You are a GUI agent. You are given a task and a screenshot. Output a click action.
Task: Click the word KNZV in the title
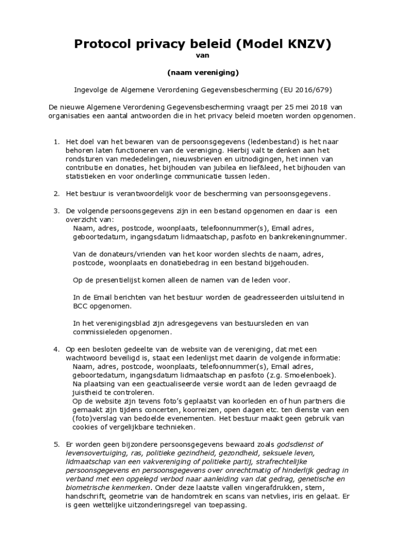click(x=307, y=45)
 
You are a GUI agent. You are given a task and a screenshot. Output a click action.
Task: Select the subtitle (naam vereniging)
click(x=203, y=72)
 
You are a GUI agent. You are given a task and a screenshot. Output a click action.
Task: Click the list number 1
click(x=56, y=142)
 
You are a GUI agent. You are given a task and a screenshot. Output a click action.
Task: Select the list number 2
click(x=56, y=193)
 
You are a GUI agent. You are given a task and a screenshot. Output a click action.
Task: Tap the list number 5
click(x=56, y=444)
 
